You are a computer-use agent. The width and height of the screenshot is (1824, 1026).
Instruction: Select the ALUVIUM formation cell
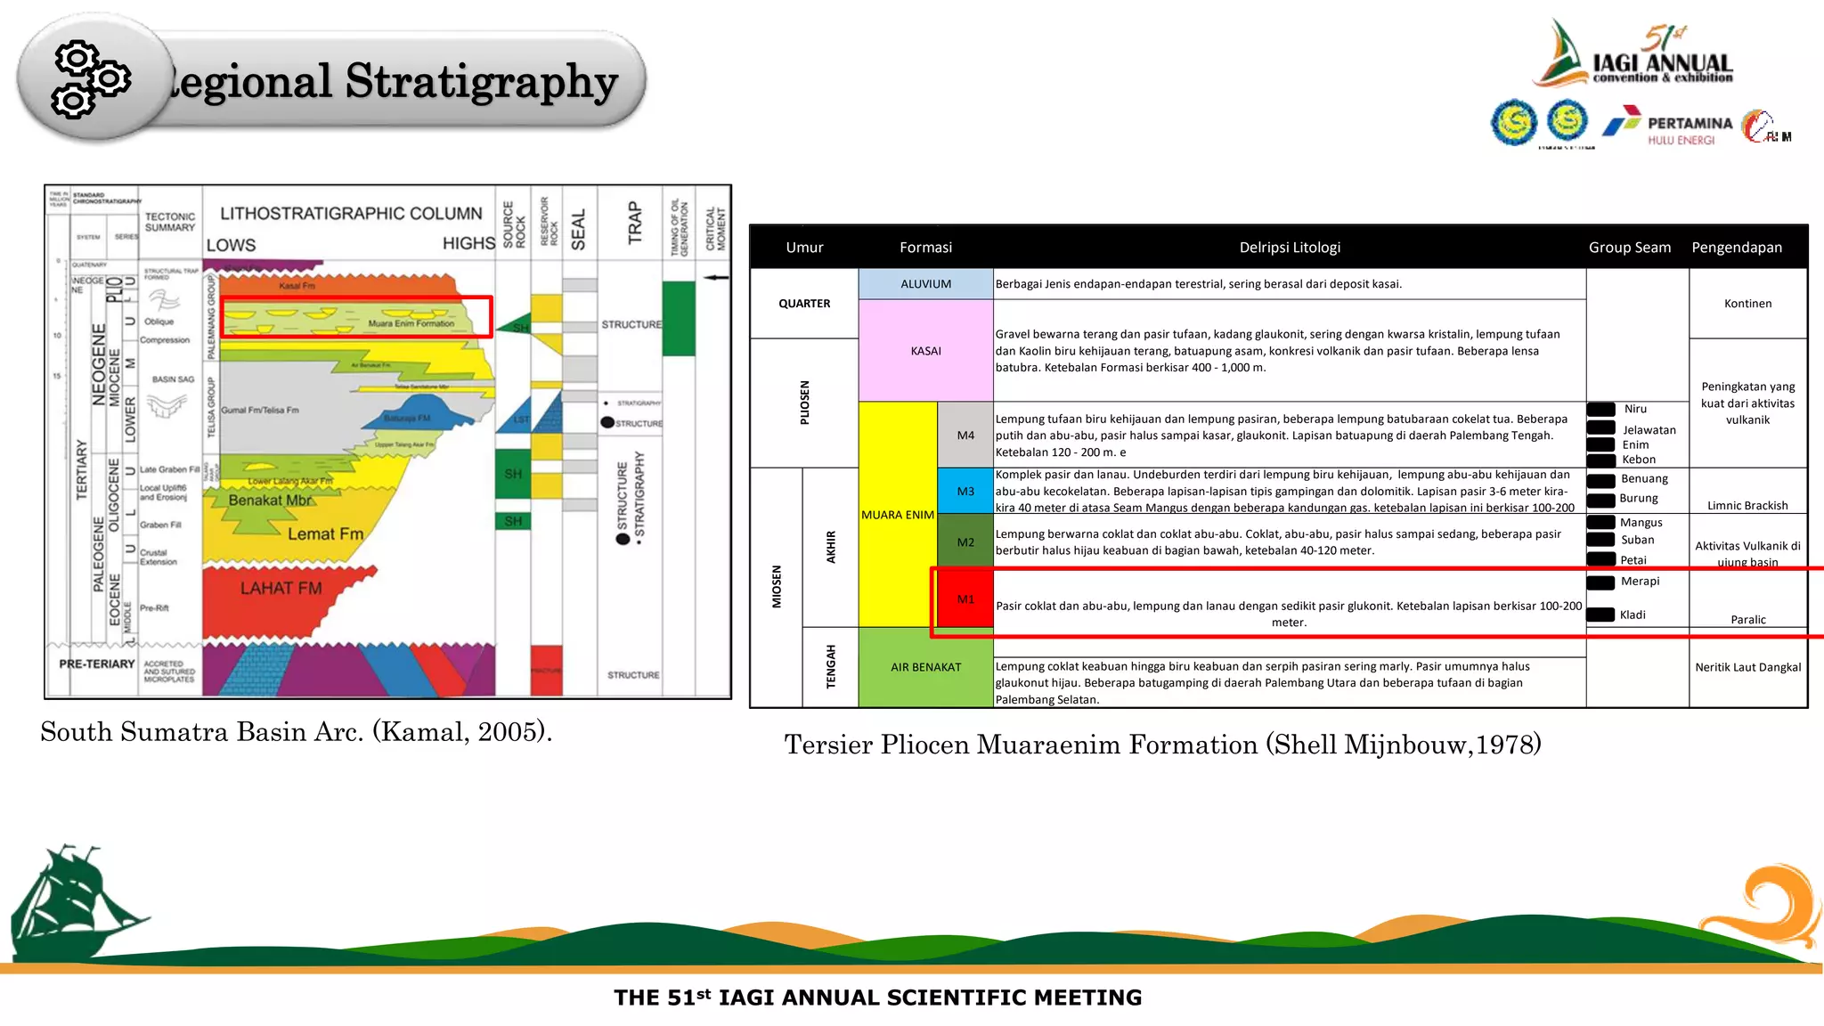tap(925, 284)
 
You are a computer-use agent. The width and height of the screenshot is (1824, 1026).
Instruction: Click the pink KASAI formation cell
tap(925, 351)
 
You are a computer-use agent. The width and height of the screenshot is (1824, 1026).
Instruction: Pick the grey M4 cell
tap(965, 436)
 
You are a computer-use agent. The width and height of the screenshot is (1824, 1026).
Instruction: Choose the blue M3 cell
tap(965, 492)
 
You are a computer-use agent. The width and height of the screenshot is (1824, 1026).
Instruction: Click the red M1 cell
tap(965, 599)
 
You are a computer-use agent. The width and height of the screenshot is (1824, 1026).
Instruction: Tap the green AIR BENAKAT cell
tap(925, 667)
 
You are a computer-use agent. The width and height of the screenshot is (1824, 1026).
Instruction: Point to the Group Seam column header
tap(1629, 248)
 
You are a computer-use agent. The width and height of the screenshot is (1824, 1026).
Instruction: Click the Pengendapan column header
tap(1736, 248)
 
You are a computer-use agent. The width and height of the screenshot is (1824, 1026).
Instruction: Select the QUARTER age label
tap(804, 304)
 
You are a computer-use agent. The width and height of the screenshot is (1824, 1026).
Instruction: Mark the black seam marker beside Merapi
tap(1600, 582)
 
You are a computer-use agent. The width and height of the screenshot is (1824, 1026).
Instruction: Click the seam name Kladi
tap(1633, 615)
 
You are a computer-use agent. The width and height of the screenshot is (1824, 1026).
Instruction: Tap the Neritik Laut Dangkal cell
tap(1747, 667)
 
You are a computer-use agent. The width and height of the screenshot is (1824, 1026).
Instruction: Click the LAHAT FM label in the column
tap(281, 589)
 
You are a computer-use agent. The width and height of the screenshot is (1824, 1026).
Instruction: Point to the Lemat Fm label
tap(325, 534)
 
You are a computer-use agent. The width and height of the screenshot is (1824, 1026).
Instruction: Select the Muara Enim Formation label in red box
tap(411, 323)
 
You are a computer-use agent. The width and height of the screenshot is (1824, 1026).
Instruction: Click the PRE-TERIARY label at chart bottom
tap(97, 664)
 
